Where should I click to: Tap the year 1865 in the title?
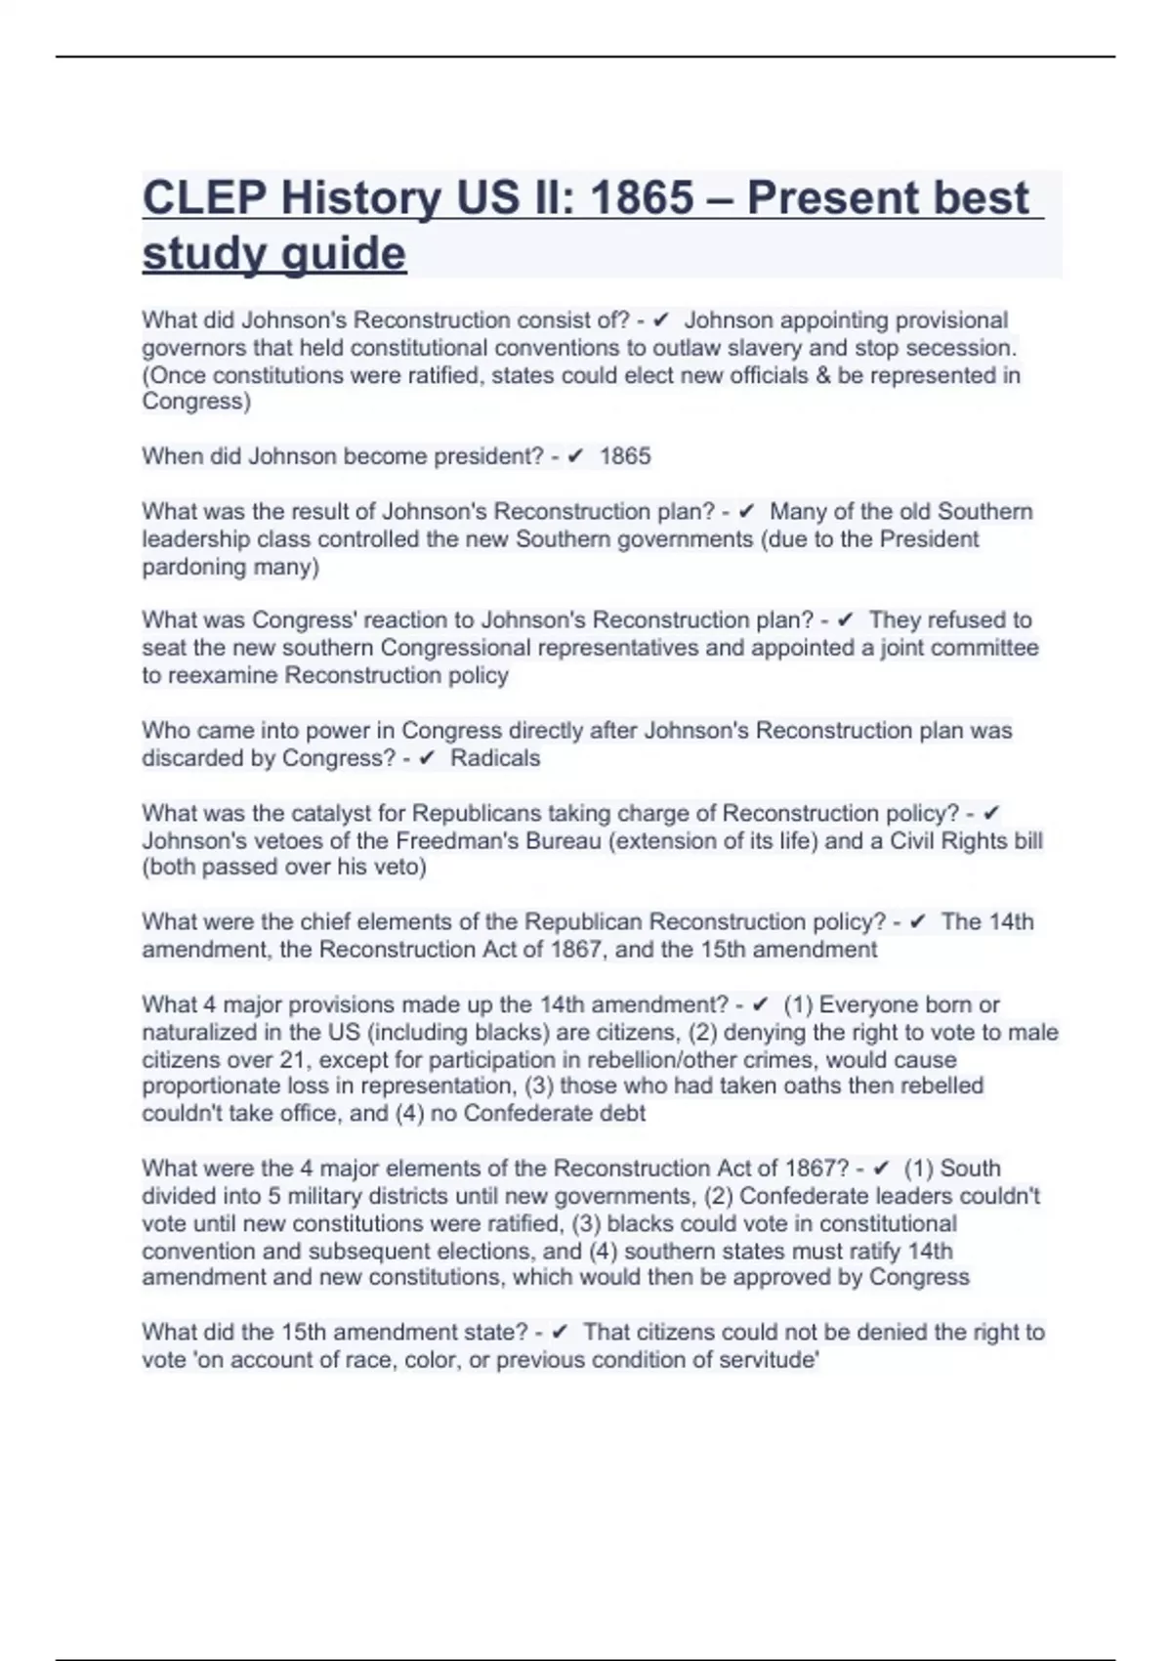point(642,198)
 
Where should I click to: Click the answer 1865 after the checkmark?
point(625,456)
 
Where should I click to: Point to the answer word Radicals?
point(495,758)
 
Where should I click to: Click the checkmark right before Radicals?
point(426,758)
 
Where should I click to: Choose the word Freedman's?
point(454,840)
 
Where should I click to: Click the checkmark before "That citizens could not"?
point(560,1333)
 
